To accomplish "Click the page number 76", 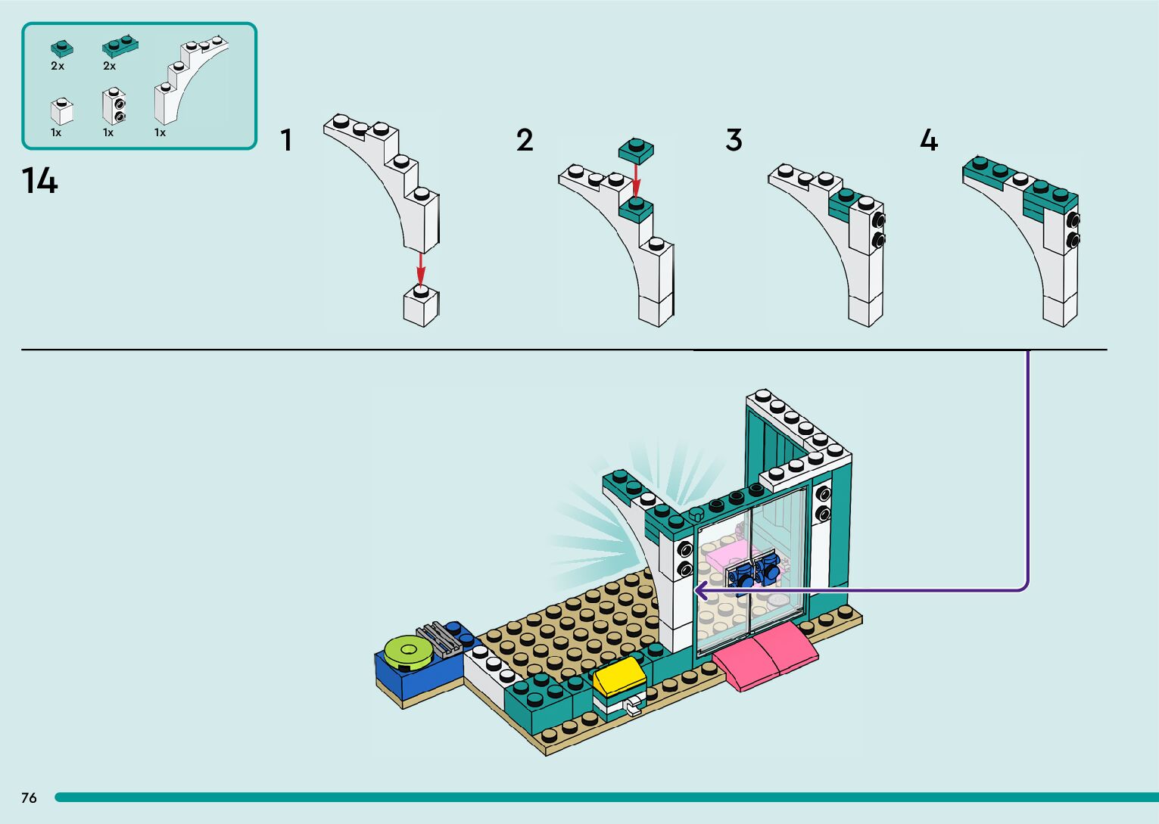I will coord(29,798).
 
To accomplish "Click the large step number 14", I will coord(39,182).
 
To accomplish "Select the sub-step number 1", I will coord(286,141).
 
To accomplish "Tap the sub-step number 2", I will coord(525,141).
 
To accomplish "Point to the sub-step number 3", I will coord(734,141).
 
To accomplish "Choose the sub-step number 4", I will coord(929,141).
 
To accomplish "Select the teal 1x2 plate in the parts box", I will coord(120,48).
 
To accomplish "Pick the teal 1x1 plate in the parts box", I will coord(62,48).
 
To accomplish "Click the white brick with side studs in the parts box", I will coord(114,107).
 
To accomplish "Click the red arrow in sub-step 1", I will coord(421,269).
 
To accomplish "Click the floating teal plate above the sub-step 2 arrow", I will coord(636,151).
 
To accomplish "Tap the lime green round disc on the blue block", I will coord(407,651).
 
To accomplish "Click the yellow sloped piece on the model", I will coord(618,674).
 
